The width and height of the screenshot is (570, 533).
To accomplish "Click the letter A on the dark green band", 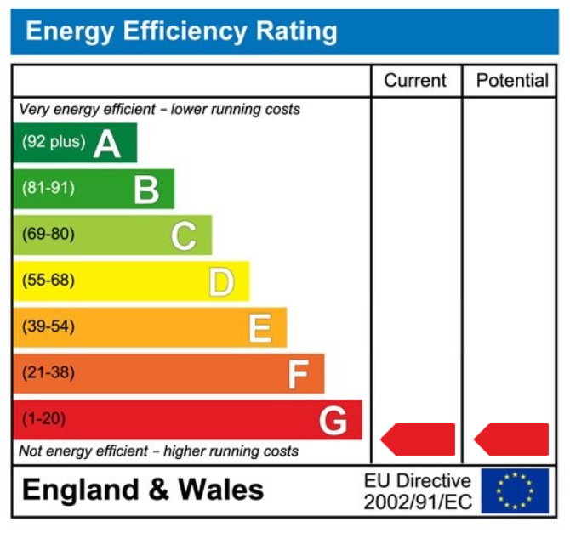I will [x=107, y=144].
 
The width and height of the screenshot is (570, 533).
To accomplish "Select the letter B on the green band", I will [x=146, y=190].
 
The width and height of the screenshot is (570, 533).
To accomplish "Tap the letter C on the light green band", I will [x=184, y=235].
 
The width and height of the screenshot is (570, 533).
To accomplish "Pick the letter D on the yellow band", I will [x=221, y=281].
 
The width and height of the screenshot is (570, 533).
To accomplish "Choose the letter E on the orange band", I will [x=259, y=327].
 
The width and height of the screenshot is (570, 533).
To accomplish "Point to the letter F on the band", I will [x=298, y=373].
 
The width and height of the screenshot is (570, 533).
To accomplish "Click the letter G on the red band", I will [x=333, y=420].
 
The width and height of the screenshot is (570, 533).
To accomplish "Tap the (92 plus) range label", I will [x=54, y=142].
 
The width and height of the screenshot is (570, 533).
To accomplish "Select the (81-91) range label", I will [x=48, y=188].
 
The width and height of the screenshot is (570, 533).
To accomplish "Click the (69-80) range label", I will [x=48, y=234].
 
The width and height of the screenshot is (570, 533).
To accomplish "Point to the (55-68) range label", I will [x=48, y=281].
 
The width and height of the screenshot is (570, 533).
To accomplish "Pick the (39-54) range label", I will [x=48, y=326].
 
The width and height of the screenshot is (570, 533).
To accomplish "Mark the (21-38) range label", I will [x=48, y=372].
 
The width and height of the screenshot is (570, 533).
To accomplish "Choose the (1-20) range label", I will [x=43, y=418].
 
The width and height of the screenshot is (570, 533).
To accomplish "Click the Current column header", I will [x=415, y=81].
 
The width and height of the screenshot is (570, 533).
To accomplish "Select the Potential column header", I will [x=512, y=81].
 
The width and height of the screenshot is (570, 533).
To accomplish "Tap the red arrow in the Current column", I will [x=418, y=439].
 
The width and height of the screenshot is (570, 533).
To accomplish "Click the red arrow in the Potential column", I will [x=511, y=439].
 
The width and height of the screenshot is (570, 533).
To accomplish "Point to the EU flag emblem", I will [x=515, y=490].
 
